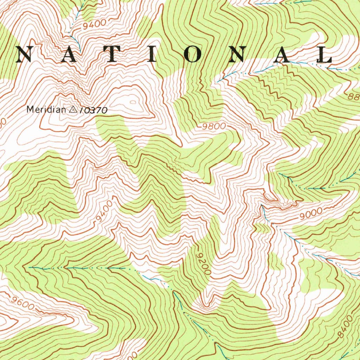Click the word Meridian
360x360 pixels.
coord(46,110)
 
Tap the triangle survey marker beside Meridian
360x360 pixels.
coord(73,110)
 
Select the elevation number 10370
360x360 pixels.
coord(93,110)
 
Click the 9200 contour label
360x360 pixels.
coord(204,263)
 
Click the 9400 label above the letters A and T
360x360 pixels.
coord(95,24)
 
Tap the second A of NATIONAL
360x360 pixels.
coord(282,54)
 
